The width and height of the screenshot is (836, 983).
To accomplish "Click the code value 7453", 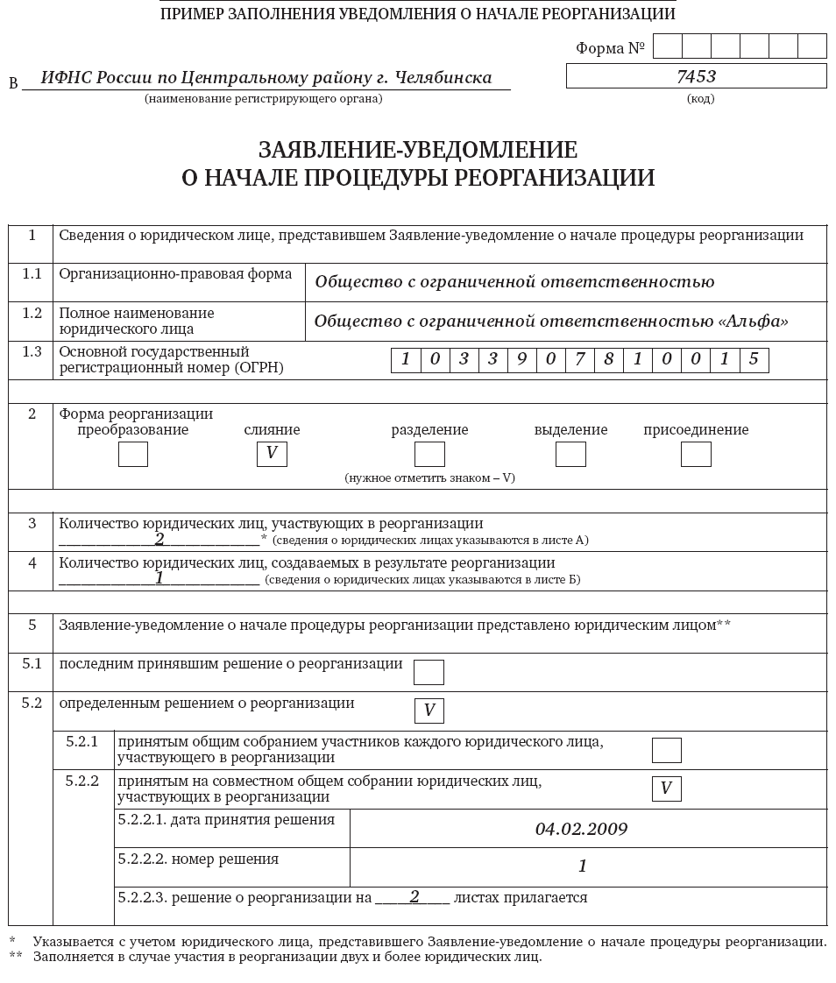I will pos(696,76).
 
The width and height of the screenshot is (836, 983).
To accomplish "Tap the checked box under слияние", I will pos(272,454).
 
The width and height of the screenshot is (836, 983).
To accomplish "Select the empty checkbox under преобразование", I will pos(133,454).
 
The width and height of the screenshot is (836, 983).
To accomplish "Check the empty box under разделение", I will pos(429,454).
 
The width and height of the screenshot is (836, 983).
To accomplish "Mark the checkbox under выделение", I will pos(570,454).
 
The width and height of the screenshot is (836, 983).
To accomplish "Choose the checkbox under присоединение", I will pos(696,454).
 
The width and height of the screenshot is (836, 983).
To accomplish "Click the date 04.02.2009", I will pos(581,829).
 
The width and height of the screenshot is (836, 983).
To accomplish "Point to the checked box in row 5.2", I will pos(429,711).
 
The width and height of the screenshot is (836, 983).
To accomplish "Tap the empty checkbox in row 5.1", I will pos(429,672).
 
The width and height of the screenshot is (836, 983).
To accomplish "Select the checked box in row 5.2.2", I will pos(666,789).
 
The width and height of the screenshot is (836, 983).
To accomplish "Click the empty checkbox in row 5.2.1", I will pos(666,750).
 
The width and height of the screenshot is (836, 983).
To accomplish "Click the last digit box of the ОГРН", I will pos(754,360).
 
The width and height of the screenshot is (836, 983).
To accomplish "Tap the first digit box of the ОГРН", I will pos(406,360).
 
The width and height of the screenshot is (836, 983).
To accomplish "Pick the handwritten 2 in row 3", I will pos(159,539).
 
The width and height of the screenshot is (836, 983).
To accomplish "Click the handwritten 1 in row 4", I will pos(159,577).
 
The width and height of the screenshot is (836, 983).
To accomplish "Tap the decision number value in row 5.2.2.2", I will pos(582,866).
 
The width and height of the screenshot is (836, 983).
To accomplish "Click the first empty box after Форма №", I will pos(668,46).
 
